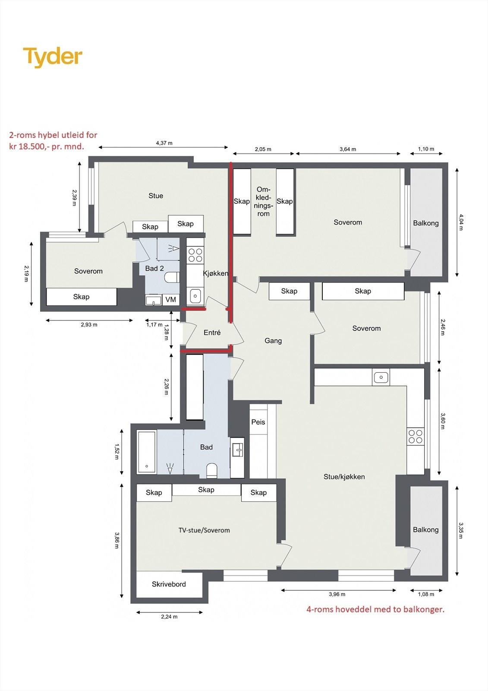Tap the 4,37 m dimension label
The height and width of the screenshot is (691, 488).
pos(164,143)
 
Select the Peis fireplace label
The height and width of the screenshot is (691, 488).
pos(258,422)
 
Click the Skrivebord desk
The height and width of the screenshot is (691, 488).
pos(169,584)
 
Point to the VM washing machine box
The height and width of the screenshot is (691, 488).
pos(171,300)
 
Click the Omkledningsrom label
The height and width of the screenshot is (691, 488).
pos(263,201)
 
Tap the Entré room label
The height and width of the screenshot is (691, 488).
pos(212,333)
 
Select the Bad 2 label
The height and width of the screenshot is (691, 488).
pos(154,268)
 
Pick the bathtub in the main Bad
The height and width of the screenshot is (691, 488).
pos(147,452)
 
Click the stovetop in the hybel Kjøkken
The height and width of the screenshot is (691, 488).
pos(195,255)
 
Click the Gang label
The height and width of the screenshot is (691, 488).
pos(273,341)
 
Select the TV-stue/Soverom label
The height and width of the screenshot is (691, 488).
pos(204,530)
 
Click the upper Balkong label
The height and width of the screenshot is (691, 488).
pos(426,223)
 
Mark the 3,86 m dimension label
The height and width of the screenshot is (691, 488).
pos(116,540)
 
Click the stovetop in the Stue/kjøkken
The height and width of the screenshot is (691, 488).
pos(415,436)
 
